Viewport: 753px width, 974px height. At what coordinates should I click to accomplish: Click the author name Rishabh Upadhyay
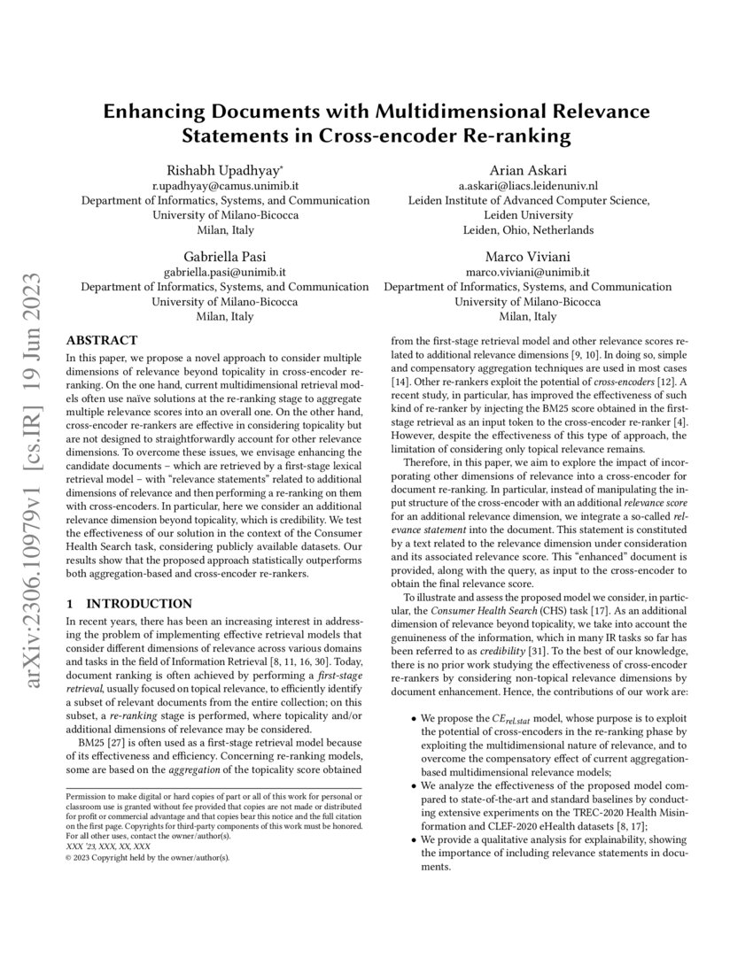tap(225, 170)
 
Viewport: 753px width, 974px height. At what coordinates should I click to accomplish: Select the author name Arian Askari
tap(528, 170)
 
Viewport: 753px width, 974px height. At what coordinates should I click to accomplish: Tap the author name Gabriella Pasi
tap(225, 256)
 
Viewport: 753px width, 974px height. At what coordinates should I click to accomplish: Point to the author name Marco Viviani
tap(528, 256)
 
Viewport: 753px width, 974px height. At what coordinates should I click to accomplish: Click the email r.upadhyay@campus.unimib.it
tap(225, 185)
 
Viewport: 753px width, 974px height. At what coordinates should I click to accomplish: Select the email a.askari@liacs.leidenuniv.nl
tap(528, 185)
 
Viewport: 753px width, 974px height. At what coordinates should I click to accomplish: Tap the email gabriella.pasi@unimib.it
tap(225, 272)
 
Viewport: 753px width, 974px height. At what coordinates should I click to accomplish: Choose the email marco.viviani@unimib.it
tap(528, 272)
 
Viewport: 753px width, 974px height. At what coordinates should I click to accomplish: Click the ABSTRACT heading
tap(102, 340)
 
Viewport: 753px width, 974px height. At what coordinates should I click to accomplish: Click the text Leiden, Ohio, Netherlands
tap(528, 229)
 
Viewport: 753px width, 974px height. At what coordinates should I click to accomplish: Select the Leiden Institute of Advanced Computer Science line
tap(528, 200)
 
